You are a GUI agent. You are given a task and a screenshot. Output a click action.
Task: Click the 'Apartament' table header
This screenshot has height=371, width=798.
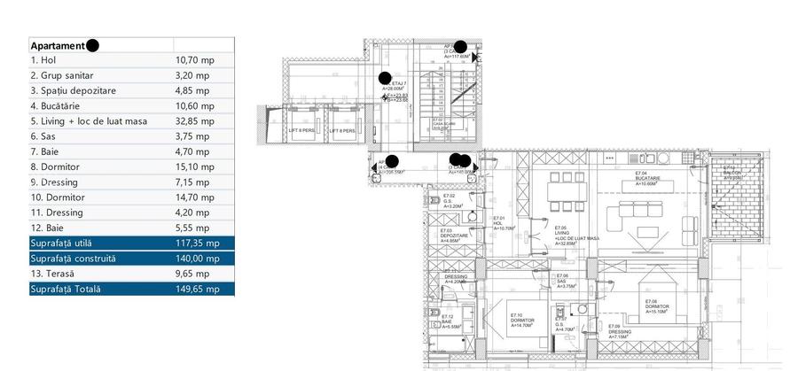tap(59, 45)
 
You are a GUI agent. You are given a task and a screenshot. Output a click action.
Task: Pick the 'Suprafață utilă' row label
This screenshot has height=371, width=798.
tap(61, 243)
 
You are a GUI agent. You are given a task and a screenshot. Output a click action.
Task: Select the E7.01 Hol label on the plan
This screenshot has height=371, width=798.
tap(499, 223)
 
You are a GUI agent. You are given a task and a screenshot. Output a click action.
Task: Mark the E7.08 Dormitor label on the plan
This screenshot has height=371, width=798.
tap(657, 306)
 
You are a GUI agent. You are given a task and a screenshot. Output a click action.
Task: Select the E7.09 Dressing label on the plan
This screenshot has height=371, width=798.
tap(618, 331)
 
